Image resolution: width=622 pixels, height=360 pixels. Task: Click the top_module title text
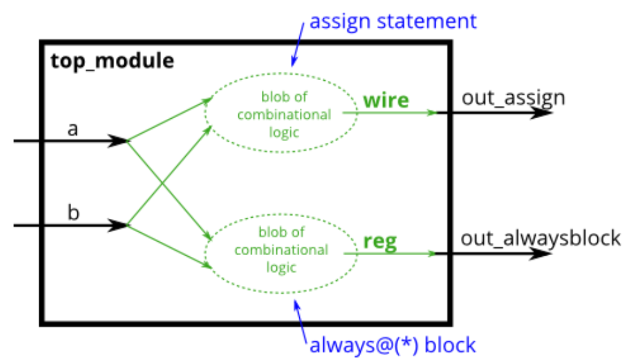(113, 61)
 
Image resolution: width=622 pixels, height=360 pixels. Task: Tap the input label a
(73, 129)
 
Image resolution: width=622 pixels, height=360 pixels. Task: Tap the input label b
(73, 214)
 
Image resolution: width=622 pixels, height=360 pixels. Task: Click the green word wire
(386, 100)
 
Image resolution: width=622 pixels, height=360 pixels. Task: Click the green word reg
(380, 242)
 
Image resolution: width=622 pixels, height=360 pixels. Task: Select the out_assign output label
(513, 97)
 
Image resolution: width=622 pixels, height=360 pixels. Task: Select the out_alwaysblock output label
(541, 238)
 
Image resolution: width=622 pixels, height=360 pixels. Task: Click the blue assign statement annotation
(393, 22)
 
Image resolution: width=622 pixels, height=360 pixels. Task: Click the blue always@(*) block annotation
(392, 346)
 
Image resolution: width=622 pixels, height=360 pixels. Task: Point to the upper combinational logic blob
(281, 114)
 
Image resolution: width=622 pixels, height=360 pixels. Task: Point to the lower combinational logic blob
(281, 249)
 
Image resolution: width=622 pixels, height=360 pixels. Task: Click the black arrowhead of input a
(119, 141)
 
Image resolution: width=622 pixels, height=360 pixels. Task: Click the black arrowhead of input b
(119, 226)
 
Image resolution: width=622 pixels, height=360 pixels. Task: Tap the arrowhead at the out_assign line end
(542, 113)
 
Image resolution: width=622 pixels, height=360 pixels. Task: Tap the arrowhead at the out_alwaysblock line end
(542, 254)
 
